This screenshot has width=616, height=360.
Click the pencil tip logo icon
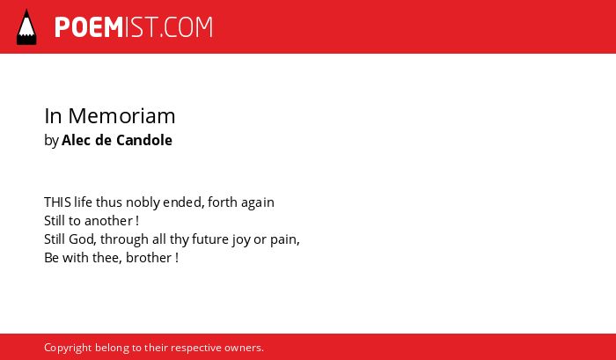tap(26, 26)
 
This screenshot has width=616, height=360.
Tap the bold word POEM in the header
tap(89, 27)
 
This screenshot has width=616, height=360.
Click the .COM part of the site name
tap(187, 27)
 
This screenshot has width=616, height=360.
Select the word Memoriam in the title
tap(121, 116)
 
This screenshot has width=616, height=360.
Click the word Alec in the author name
tap(77, 140)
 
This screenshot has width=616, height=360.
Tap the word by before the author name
tap(51, 141)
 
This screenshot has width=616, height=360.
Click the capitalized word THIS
tap(57, 202)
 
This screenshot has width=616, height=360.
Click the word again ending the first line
tap(258, 203)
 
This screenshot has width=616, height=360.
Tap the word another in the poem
tap(108, 221)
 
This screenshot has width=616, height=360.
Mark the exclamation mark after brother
tap(177, 258)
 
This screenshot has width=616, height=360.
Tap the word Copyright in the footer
tap(68, 349)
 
